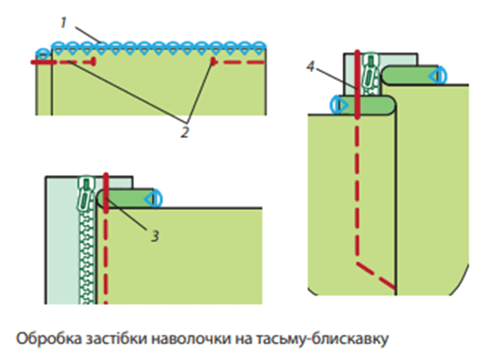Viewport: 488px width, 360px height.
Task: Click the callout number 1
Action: coord(64,22)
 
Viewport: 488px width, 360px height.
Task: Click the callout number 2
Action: coord(185,132)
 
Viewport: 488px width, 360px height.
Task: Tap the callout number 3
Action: coord(155,236)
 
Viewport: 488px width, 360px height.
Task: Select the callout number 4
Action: coord(310,67)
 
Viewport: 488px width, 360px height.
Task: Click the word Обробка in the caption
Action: coord(49,338)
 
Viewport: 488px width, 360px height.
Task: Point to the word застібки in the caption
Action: coord(116,339)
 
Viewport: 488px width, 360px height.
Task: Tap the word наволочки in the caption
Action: coord(191,339)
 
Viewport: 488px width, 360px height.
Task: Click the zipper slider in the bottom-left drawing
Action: coord(85,194)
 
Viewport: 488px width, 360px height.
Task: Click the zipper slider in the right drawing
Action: coord(371,70)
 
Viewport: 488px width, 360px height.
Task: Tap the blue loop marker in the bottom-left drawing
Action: coord(154,199)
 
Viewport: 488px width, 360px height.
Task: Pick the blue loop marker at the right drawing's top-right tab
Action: coord(437,76)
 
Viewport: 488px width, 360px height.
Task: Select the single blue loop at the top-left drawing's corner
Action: coord(43,53)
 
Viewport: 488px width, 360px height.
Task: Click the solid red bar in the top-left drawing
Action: coord(44,63)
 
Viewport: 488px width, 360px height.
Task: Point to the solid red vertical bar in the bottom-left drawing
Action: coord(106,193)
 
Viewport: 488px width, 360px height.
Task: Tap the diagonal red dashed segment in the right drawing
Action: coord(376,276)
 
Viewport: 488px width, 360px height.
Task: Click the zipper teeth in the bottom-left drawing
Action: coord(87,257)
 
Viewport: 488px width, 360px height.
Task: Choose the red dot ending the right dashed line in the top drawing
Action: coord(213,61)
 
